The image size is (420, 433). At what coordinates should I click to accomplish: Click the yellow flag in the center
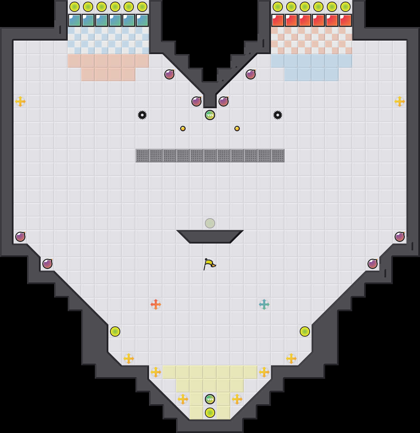[x=209, y=264]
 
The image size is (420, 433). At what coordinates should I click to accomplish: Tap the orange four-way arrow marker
[x=156, y=304]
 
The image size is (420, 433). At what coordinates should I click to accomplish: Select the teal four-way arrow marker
[x=264, y=304]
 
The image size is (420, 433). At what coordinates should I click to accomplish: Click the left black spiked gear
[x=142, y=115]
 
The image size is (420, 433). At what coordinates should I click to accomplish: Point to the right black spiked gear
[x=278, y=115]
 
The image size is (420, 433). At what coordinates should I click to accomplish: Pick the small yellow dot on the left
[x=183, y=129]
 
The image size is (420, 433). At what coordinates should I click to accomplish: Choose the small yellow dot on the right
[x=237, y=129]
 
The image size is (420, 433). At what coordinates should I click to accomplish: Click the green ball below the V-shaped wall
[x=210, y=115]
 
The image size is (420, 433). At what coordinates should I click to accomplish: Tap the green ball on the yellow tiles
[x=210, y=399]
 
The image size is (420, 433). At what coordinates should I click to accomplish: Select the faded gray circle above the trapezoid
[x=210, y=223]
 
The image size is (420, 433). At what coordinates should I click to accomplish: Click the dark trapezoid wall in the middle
[x=210, y=236]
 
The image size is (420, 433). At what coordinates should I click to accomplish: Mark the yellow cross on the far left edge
[x=20, y=101]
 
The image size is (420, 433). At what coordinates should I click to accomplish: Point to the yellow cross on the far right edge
[x=400, y=101]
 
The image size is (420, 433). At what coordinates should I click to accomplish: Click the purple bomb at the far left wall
[x=20, y=237]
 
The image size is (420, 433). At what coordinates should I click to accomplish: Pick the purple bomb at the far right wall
[x=400, y=237]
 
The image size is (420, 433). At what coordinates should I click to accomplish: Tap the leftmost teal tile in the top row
[x=75, y=20]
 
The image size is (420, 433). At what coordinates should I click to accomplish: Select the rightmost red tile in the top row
[x=345, y=20]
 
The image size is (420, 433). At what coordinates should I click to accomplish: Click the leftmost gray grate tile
[x=142, y=156]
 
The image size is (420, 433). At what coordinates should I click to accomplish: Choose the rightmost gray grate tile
[x=278, y=156]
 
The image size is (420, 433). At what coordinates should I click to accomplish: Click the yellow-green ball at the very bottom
[x=210, y=413]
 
